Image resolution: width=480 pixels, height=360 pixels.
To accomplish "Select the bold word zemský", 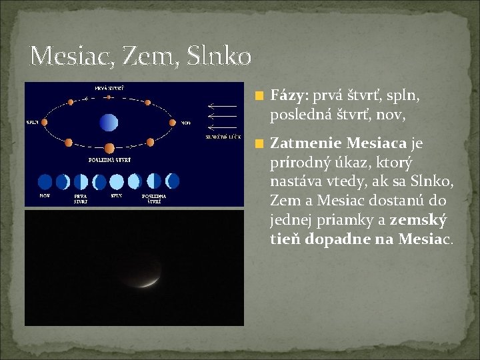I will (x=418, y=220).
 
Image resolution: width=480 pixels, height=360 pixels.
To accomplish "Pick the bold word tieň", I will (x=286, y=239).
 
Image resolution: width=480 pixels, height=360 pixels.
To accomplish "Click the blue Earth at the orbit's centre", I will (x=108, y=122).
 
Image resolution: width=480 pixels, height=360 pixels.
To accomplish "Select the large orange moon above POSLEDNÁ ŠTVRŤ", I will (x=109, y=148).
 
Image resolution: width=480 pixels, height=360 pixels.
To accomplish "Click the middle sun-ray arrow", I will (x=222, y=116).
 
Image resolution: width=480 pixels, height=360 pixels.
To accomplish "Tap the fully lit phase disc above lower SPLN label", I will (x=117, y=181).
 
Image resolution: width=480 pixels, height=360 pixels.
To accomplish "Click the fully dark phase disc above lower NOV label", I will (x=45, y=181).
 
